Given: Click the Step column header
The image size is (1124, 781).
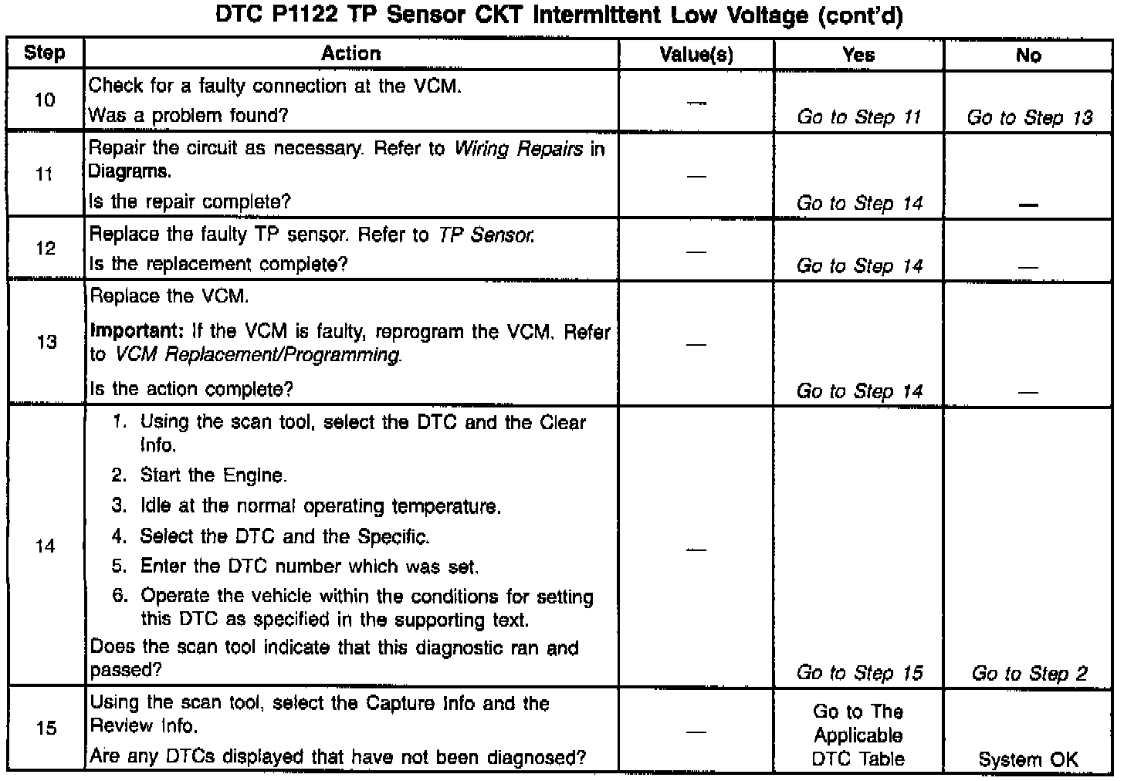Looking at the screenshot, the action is [45, 53].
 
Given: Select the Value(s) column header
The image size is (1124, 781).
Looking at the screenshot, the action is [696, 54].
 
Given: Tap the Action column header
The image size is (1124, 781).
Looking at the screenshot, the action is [351, 53].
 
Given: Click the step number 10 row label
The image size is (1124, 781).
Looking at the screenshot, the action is [46, 100].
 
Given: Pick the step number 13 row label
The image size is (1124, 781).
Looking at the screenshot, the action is [46, 342].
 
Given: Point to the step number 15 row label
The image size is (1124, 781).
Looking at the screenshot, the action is [46, 728].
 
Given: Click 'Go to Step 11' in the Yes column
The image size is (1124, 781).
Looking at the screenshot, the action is [859, 117].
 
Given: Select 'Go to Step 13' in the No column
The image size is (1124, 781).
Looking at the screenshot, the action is [1030, 117].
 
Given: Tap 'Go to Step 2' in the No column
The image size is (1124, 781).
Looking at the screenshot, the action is [1030, 673].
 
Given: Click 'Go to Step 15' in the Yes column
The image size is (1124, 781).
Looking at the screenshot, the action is [859, 673].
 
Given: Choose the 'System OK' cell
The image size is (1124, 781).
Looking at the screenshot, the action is [1028, 759].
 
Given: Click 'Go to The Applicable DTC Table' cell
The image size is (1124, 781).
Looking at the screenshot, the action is [858, 735].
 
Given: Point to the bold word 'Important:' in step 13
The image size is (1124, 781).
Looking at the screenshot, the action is [135, 332].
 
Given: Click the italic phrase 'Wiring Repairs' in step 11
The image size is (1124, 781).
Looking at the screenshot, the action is [518, 148].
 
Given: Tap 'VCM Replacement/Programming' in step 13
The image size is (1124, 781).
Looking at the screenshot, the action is [258, 355].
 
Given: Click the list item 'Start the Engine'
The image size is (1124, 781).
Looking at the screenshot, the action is [213, 475].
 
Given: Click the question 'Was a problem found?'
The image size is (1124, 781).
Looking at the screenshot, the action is [188, 116].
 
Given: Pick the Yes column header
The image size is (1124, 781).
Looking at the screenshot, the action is [859, 54].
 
